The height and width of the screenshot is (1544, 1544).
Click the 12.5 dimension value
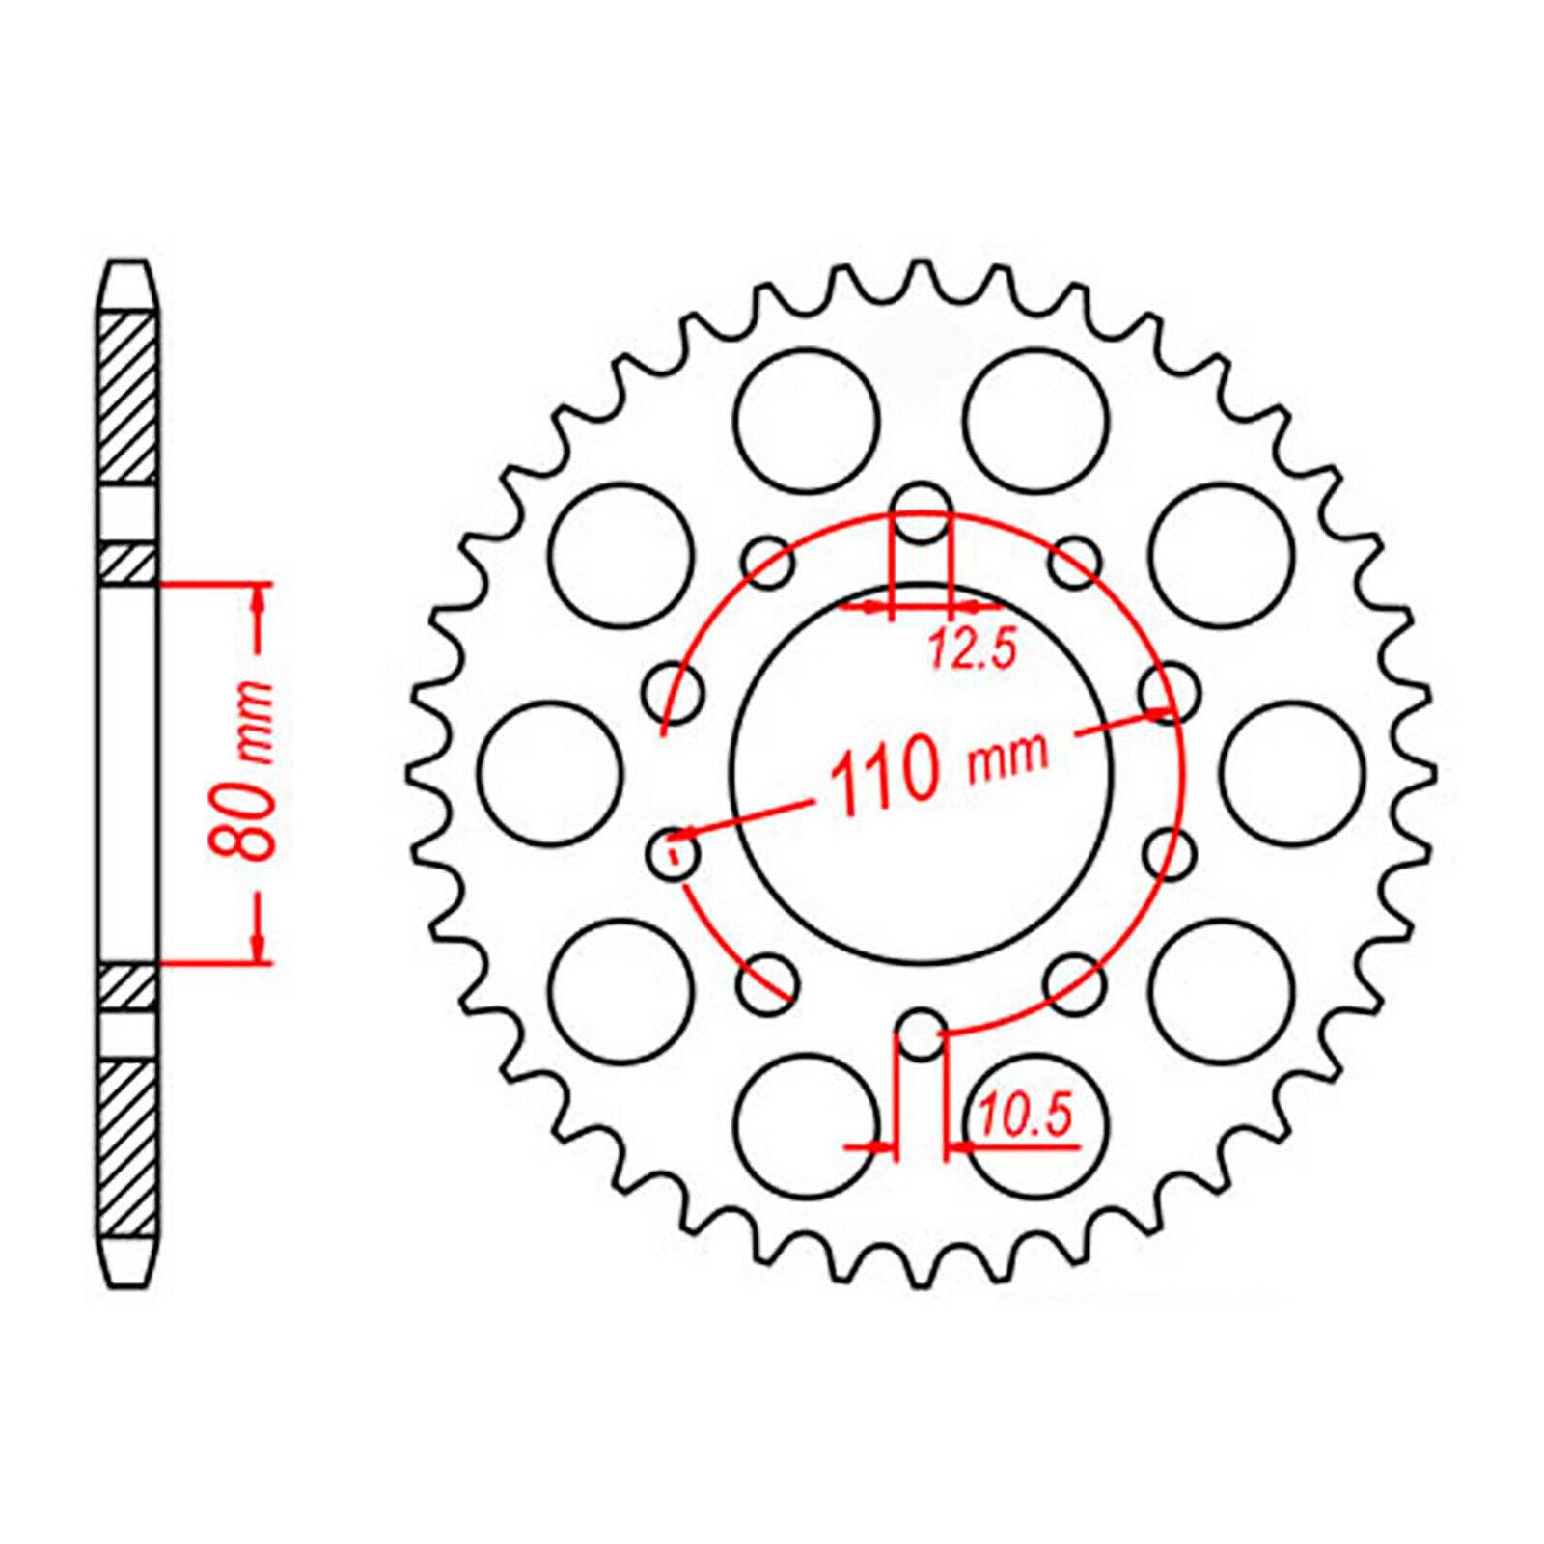tap(973, 649)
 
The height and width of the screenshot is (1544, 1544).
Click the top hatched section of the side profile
tap(128, 398)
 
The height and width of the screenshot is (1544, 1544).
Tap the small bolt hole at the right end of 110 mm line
tap(1170, 693)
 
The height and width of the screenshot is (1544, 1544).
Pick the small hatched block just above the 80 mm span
tap(128, 564)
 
